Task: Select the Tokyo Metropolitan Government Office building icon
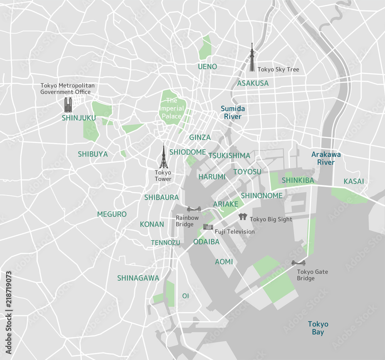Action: click(69, 104)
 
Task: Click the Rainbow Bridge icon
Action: click(194, 209)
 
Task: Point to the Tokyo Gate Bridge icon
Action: click(298, 263)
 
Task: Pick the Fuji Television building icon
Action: click(208, 227)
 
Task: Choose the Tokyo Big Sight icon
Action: click(243, 217)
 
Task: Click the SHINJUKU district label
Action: click(79, 118)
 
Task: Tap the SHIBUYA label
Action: click(93, 154)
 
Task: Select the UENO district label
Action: click(208, 67)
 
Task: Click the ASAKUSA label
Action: click(253, 83)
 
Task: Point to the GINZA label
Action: click(200, 138)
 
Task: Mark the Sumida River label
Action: click(233, 113)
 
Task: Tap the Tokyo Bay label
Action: click(318, 328)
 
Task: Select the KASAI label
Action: click(354, 181)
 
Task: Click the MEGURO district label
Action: click(112, 214)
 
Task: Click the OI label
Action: click(186, 296)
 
